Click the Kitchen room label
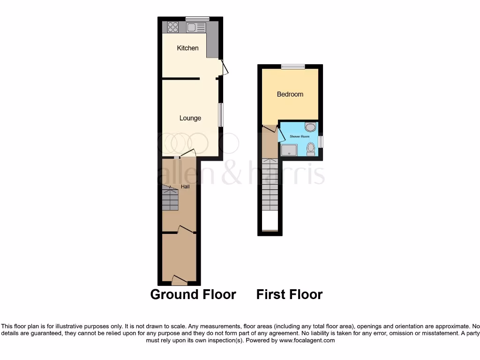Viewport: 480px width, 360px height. [187, 48]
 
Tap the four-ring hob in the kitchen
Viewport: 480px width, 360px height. [173, 27]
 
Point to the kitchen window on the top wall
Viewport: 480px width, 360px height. [197, 19]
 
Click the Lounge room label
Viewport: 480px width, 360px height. [190, 118]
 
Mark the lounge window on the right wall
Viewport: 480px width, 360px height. [221, 114]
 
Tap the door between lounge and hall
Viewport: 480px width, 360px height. [188, 153]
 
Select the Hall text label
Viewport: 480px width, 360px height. [186, 187]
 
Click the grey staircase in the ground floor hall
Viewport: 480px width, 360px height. [171, 198]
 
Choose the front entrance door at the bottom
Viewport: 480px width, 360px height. [180, 280]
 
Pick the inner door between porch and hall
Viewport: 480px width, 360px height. [186, 229]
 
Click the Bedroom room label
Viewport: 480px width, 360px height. [290, 94]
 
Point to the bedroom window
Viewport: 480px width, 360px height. [293, 67]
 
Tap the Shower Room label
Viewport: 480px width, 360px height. [299, 136]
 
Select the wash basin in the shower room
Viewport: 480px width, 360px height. [310, 127]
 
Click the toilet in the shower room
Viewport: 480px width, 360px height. [310, 149]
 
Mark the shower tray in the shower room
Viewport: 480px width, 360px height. [289, 150]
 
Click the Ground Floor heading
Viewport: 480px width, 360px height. [193, 294]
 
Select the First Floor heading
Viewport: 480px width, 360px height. [289, 294]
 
